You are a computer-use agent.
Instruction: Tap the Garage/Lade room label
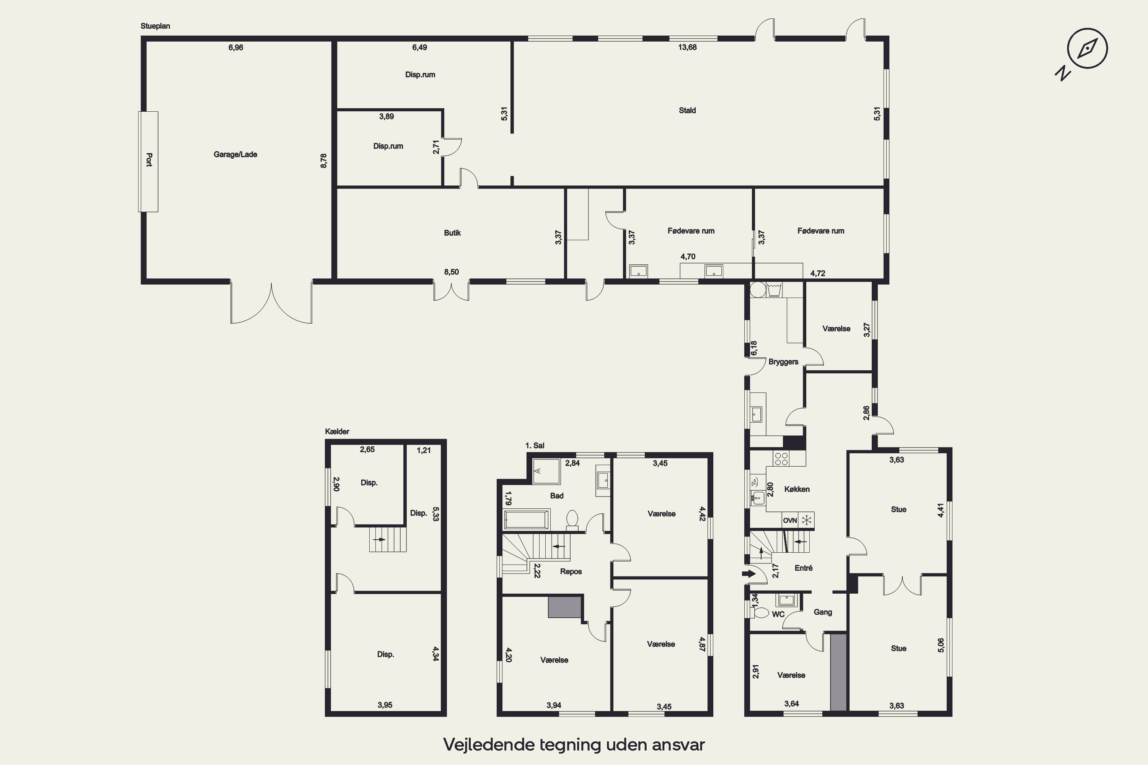pyautogui.click(x=235, y=155)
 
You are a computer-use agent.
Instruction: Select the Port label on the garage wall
pyautogui.click(x=149, y=160)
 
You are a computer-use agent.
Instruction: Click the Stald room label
pyautogui.click(x=687, y=110)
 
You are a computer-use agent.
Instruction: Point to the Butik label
pyautogui.click(x=452, y=233)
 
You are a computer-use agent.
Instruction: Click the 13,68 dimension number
pyautogui.click(x=687, y=47)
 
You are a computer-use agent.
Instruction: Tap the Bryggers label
pyautogui.click(x=783, y=362)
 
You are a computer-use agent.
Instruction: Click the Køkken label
pyautogui.click(x=797, y=489)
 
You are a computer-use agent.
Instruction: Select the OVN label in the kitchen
pyautogui.click(x=790, y=521)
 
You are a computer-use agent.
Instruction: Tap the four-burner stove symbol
pyautogui.click(x=781, y=458)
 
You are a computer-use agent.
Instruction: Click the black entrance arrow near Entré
pyautogui.click(x=748, y=573)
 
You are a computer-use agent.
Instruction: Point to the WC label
pyautogui.click(x=778, y=614)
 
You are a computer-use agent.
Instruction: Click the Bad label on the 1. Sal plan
pyautogui.click(x=557, y=496)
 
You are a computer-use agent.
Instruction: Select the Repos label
pyautogui.click(x=571, y=571)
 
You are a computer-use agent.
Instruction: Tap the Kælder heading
pyautogui.click(x=337, y=431)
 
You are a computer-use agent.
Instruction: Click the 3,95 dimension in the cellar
pyautogui.click(x=385, y=705)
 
